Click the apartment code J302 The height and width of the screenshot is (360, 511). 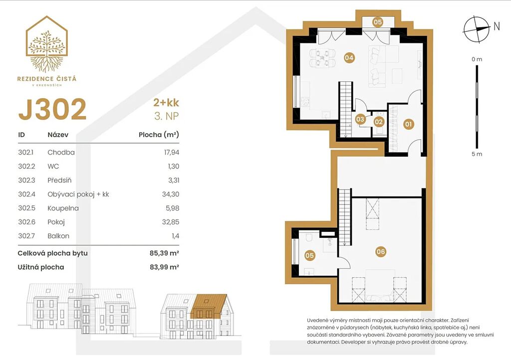(x=52, y=109)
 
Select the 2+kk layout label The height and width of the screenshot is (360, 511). (x=166, y=103)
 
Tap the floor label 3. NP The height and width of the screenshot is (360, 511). (x=167, y=116)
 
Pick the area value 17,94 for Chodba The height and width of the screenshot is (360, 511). (x=172, y=153)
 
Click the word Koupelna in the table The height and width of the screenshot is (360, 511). (x=63, y=208)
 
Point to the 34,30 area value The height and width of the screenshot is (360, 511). (x=171, y=194)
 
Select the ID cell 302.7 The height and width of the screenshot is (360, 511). (x=26, y=236)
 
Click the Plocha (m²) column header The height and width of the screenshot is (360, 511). (x=159, y=135)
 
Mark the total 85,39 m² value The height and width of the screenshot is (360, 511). (x=165, y=253)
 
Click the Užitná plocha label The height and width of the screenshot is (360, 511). (x=41, y=267)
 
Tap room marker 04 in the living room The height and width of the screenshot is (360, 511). (x=349, y=58)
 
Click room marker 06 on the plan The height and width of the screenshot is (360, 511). (x=381, y=251)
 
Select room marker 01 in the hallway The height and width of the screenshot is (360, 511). (x=408, y=124)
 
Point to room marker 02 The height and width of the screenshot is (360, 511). (x=379, y=122)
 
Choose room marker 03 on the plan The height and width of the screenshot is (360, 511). (x=360, y=120)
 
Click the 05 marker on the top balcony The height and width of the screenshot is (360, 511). (x=378, y=22)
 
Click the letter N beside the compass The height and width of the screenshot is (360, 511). (x=497, y=26)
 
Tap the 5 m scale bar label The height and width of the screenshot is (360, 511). (x=477, y=154)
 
